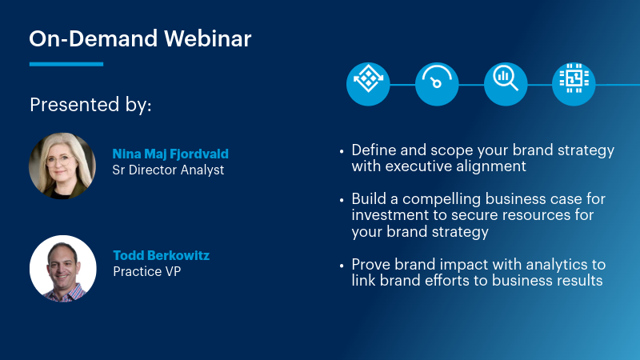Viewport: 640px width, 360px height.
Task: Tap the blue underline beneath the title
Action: tap(66, 64)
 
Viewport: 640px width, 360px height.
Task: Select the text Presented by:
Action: tap(90, 105)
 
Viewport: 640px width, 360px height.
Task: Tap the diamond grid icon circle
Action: tap(367, 84)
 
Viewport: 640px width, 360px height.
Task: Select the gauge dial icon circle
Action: tap(436, 84)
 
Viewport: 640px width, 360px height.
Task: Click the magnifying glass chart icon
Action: tap(505, 84)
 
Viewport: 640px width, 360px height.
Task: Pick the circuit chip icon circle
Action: tap(574, 84)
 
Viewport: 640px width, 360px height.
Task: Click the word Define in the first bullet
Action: tap(372, 150)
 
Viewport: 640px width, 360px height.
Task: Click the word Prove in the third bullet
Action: tap(370, 265)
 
